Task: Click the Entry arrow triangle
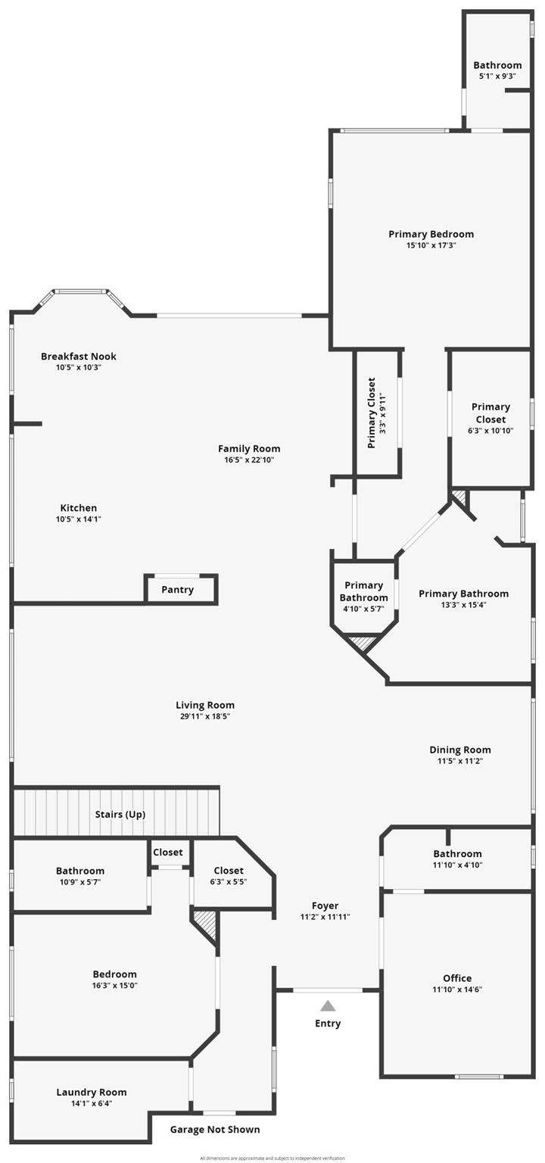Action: point(328,1006)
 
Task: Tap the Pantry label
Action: point(178,590)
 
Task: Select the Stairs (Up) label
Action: point(120,815)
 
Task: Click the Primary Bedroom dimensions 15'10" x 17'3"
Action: point(431,245)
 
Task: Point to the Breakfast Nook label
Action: point(79,357)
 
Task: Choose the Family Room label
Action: point(249,449)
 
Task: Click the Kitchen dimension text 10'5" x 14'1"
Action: point(79,519)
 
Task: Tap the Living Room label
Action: point(205,705)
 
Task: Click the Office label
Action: point(457,978)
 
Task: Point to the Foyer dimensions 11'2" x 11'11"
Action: point(325,917)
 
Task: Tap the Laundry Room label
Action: point(92,1092)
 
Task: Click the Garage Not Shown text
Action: point(215,1130)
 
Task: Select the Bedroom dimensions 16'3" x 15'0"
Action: point(115,986)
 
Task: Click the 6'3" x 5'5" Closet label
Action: point(229,871)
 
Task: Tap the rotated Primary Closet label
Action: point(372,413)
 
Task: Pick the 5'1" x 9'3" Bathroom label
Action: point(497,65)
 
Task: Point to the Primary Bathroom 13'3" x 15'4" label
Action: point(463,594)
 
